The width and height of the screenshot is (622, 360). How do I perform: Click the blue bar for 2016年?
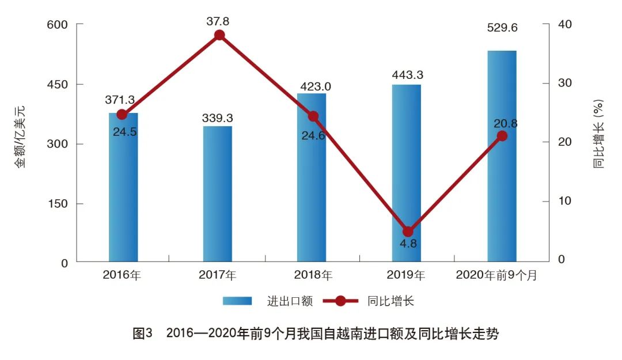123,190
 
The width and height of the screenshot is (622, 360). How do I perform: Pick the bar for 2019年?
407,173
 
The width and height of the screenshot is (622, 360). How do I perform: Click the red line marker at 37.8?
219,35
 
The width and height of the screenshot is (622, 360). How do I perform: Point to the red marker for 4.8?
408,232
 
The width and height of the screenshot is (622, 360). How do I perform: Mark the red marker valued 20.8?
502,136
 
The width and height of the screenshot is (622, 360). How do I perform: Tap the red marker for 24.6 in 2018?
313,116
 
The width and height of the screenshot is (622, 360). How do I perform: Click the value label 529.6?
502,26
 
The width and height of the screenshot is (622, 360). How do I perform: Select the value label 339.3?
217,118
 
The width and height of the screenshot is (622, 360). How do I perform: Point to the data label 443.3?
407,75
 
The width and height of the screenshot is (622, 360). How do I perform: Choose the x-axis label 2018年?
313,275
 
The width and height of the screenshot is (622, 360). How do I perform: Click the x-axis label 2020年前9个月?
496,275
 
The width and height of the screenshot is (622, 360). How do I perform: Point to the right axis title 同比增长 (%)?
599,134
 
